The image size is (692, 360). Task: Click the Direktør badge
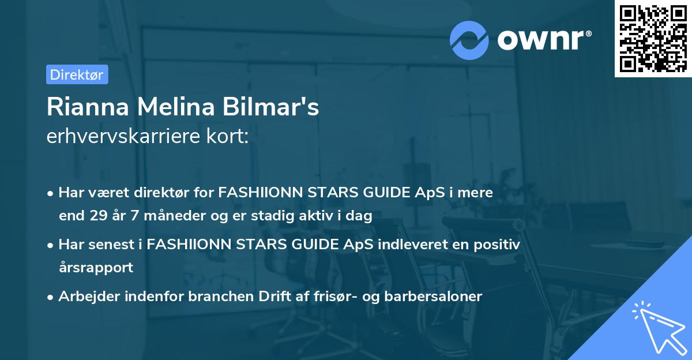pyautogui.click(x=77, y=74)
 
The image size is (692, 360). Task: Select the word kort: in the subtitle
pyautogui.click(x=230, y=136)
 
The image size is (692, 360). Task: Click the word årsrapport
pyautogui.click(x=96, y=268)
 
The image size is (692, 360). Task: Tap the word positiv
pyautogui.click(x=495, y=245)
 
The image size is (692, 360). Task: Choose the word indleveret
pyautogui.click(x=408, y=245)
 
